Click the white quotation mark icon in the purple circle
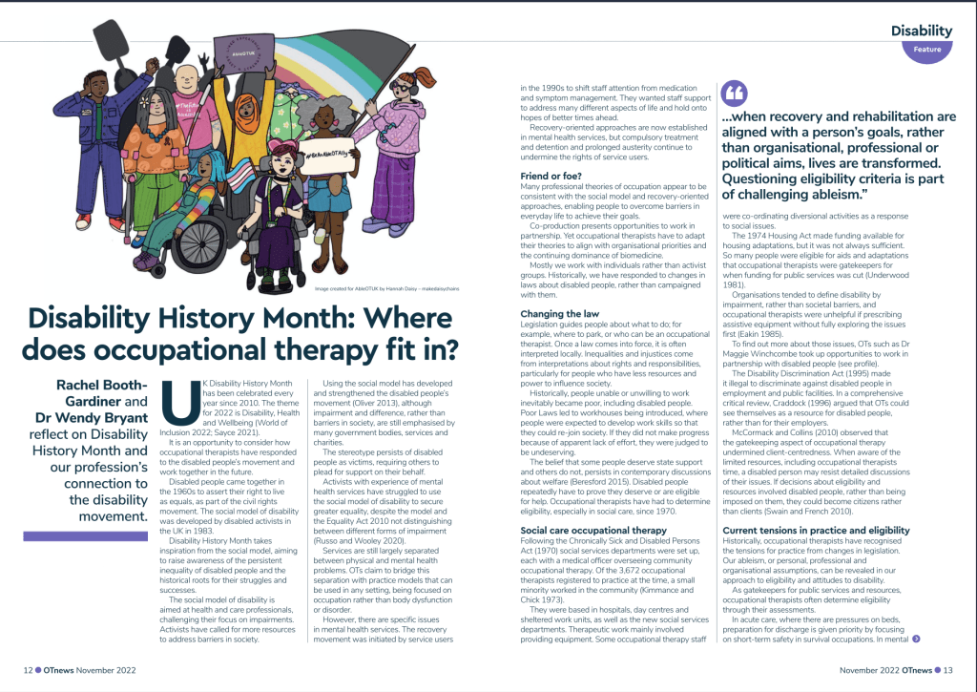coord(737,93)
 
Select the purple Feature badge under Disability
coord(926,49)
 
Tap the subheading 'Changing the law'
coord(561,314)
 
